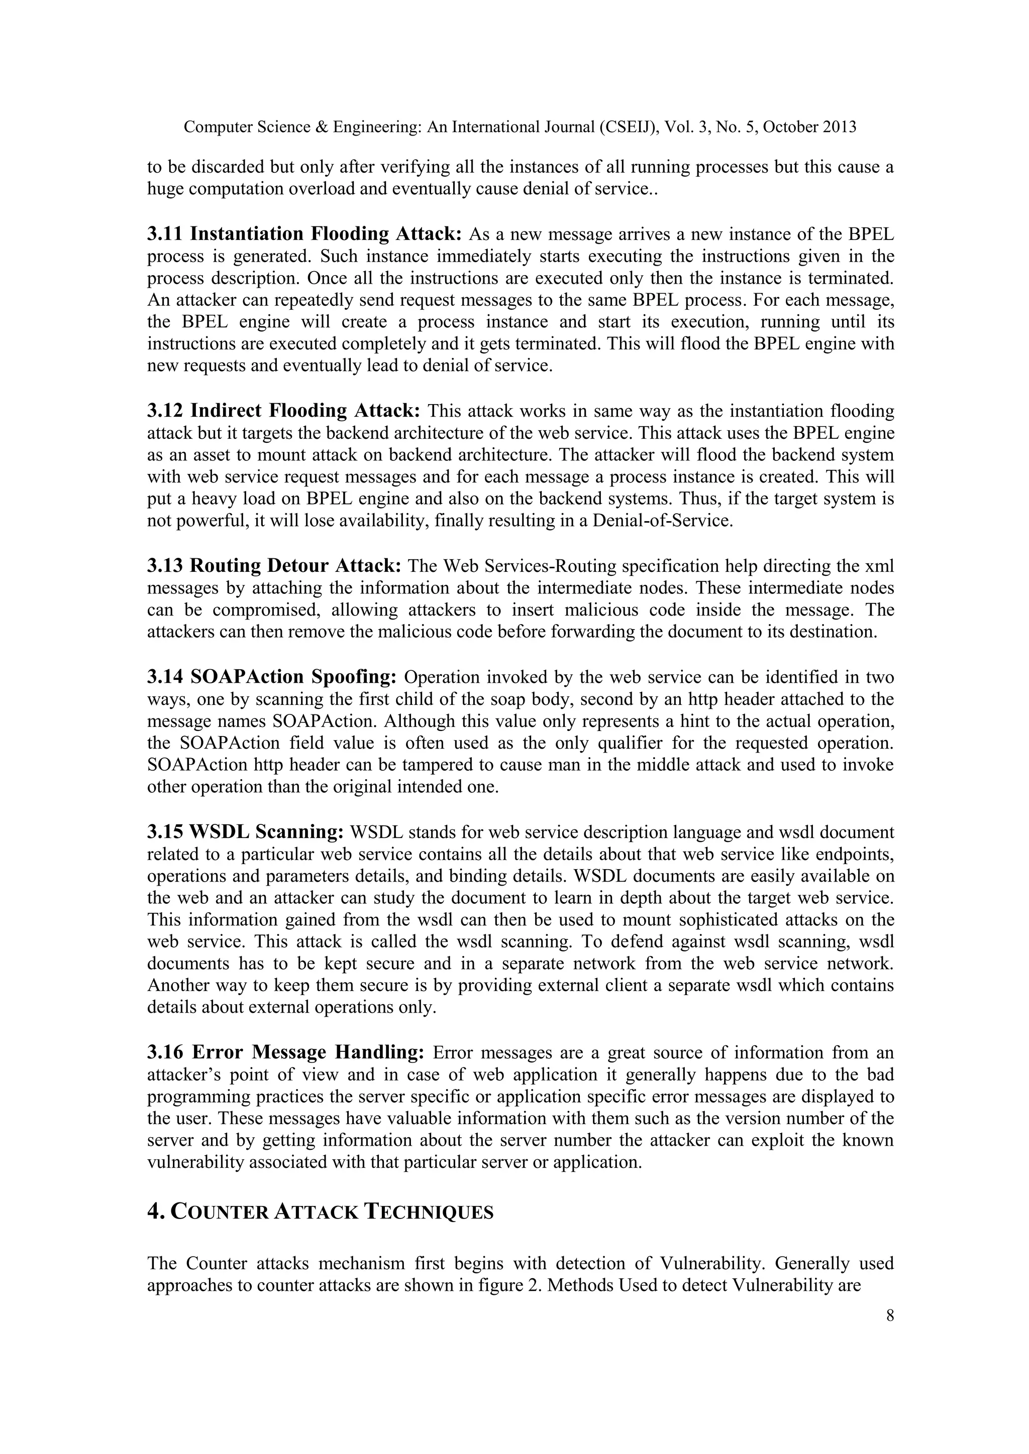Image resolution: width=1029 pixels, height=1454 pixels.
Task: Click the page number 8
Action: pyautogui.click(x=890, y=1316)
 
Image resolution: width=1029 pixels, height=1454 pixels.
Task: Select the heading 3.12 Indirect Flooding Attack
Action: pyautogui.click(x=283, y=411)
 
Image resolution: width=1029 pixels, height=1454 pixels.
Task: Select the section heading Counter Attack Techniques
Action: pyautogui.click(x=320, y=1211)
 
